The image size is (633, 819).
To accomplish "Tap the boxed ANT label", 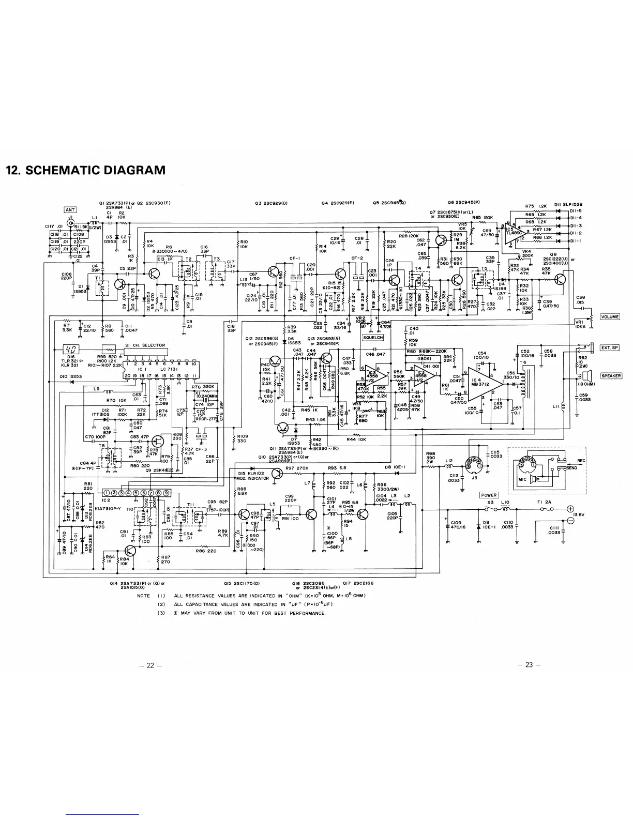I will pyautogui.click(x=70, y=209).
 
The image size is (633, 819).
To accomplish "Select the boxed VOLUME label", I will pyautogui.click(x=610, y=317).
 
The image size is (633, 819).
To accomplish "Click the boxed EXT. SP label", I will pyautogui.click(x=609, y=347).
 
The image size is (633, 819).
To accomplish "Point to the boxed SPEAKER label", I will pyautogui.click(x=611, y=376).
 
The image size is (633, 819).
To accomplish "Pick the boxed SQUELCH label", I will pyautogui.click(x=373, y=338).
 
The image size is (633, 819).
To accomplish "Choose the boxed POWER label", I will pyautogui.click(x=489, y=495).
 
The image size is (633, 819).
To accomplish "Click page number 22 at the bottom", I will pyautogui.click(x=150, y=665).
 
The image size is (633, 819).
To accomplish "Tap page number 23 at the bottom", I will pyautogui.click(x=529, y=665).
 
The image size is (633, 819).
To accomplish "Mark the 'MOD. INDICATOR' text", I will pyautogui.click(x=253, y=478).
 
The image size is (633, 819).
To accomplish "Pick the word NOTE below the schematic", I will pyautogui.click(x=143, y=596).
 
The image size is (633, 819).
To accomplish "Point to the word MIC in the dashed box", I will pyautogui.click(x=522, y=479).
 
